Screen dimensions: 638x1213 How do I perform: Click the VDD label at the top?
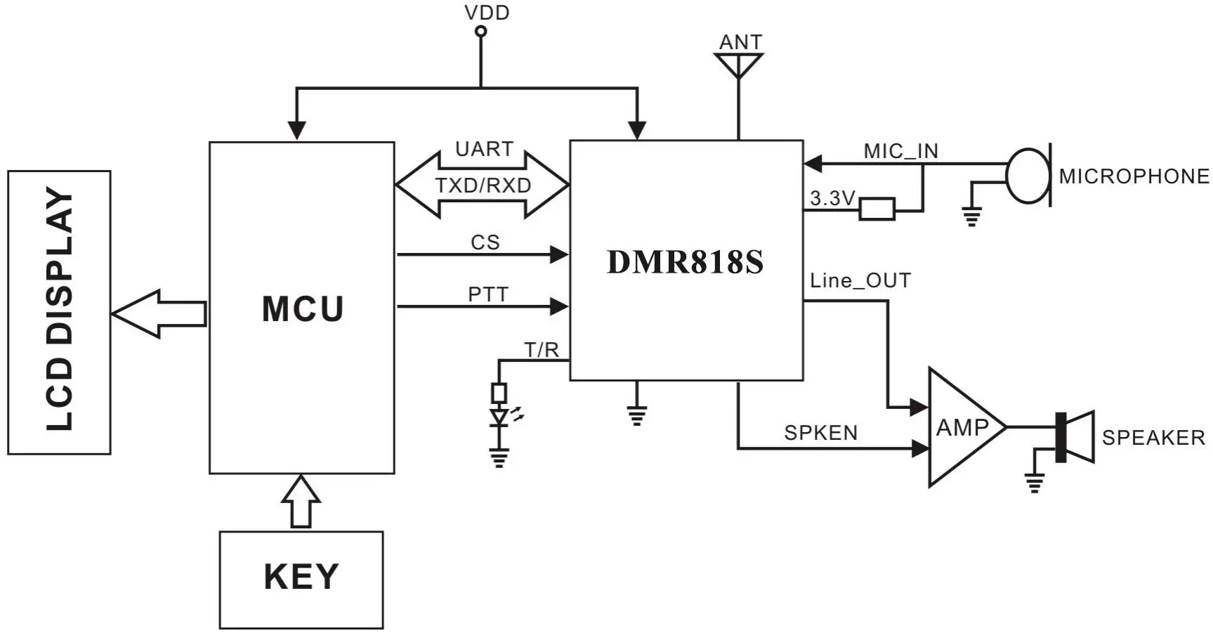pyautogui.click(x=487, y=13)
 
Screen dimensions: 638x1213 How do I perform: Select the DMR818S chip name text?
pyautogui.click(x=685, y=262)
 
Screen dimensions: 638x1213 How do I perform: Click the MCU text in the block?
pyautogui.click(x=303, y=309)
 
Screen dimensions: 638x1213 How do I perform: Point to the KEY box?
pyautogui.click(x=301, y=579)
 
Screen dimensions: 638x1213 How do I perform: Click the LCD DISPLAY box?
pyautogui.click(x=59, y=312)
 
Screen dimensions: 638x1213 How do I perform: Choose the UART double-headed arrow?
pyautogui.click(x=483, y=185)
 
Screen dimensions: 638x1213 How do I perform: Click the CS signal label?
pyautogui.click(x=485, y=242)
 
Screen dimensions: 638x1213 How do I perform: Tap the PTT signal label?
pyautogui.click(x=487, y=294)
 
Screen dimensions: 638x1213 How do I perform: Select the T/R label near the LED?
pyautogui.click(x=542, y=349)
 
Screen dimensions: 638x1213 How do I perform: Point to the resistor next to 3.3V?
pyautogui.click(x=877, y=209)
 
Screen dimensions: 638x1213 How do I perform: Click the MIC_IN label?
pyautogui.click(x=900, y=151)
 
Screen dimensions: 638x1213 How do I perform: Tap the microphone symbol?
pyautogui.click(x=1028, y=175)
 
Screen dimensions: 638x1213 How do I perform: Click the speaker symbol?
pyautogui.click(x=1075, y=437)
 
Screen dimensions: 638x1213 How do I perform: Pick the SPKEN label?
pyautogui.click(x=820, y=433)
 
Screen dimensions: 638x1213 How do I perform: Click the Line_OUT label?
pyautogui.click(x=860, y=281)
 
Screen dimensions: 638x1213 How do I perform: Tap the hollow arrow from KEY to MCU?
pyautogui.click(x=301, y=501)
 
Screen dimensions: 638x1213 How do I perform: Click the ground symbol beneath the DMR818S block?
pyautogui.click(x=636, y=415)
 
